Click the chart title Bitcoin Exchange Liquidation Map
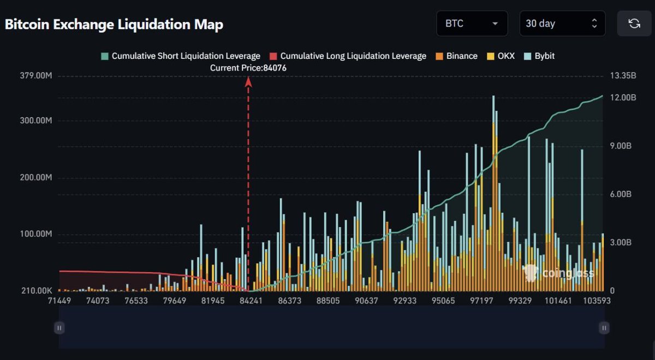coord(114,25)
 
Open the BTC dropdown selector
coord(472,23)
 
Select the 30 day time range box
coord(562,23)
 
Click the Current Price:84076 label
coord(248,68)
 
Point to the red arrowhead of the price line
coord(248,82)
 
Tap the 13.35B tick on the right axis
coord(623,76)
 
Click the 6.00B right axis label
coord(622,194)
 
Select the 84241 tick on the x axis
coord(248,301)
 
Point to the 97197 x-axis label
coord(481,301)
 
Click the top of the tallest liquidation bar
coord(493,97)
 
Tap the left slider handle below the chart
coord(59,327)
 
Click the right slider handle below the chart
coord(604,327)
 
